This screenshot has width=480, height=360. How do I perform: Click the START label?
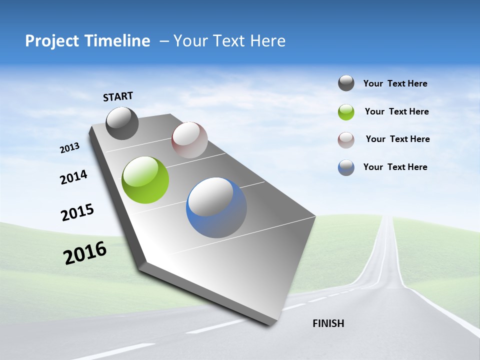click(118, 96)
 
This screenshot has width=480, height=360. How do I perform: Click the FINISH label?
click(328, 323)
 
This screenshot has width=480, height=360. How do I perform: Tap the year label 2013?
click(69, 148)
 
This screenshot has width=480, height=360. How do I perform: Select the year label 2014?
click(73, 177)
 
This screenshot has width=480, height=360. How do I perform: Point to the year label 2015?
click(77, 212)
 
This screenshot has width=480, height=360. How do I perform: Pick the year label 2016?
click(85, 253)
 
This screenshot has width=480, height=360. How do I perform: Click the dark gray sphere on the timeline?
click(122, 123)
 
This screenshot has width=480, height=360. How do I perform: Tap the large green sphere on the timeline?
click(145, 180)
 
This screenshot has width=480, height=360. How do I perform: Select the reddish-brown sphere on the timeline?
click(189, 140)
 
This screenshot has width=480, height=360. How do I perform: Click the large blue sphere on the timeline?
click(216, 207)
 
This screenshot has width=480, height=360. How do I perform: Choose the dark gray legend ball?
click(346, 83)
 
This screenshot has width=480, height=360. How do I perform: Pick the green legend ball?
click(346, 112)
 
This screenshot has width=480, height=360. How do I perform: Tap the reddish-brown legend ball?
click(346, 139)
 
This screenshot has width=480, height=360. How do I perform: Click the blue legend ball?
click(346, 167)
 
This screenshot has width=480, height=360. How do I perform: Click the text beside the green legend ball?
click(396, 111)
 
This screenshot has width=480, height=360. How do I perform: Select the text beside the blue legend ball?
click(395, 167)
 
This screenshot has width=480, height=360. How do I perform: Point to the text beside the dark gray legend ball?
click(395, 83)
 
